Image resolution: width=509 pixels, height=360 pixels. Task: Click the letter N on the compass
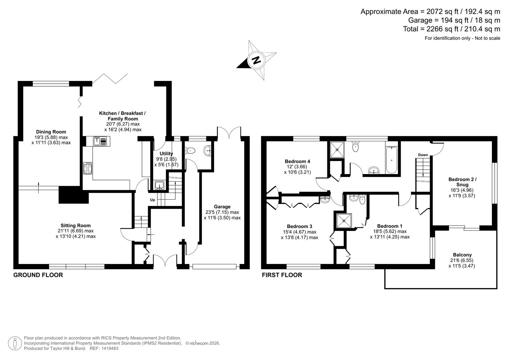click(x=256, y=60)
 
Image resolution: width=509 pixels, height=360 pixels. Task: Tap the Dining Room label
click(x=51, y=132)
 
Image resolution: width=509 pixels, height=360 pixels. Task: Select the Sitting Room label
click(x=76, y=225)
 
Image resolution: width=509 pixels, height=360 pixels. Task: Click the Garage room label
click(x=222, y=207)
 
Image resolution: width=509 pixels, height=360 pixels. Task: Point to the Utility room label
click(x=166, y=153)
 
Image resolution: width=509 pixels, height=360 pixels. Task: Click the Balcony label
click(x=462, y=255)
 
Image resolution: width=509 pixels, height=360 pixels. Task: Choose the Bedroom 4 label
click(x=297, y=161)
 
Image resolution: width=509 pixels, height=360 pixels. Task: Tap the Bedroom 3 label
click(x=299, y=226)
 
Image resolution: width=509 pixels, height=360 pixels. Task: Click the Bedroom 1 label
click(x=390, y=226)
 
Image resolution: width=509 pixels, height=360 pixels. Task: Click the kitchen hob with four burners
click(x=88, y=168)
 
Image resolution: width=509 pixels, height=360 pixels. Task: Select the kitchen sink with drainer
click(x=100, y=141)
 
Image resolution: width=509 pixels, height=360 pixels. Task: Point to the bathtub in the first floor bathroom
click(x=392, y=160)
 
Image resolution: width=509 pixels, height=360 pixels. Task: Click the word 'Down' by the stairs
click(x=423, y=155)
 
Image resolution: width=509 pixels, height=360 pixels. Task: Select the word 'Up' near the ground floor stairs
click(x=152, y=200)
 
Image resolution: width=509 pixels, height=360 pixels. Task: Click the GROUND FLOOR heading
click(x=38, y=275)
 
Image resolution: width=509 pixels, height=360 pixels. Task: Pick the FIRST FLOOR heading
click(x=282, y=275)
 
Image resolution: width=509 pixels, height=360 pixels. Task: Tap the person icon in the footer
click(x=15, y=343)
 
